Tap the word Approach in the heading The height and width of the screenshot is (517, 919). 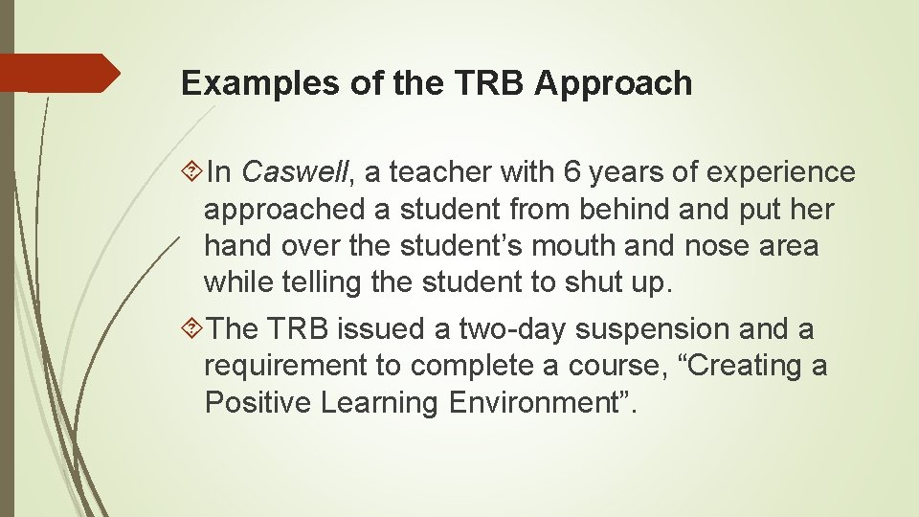point(613,84)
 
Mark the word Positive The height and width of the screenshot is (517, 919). point(258,402)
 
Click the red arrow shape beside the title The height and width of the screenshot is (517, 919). point(63,73)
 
